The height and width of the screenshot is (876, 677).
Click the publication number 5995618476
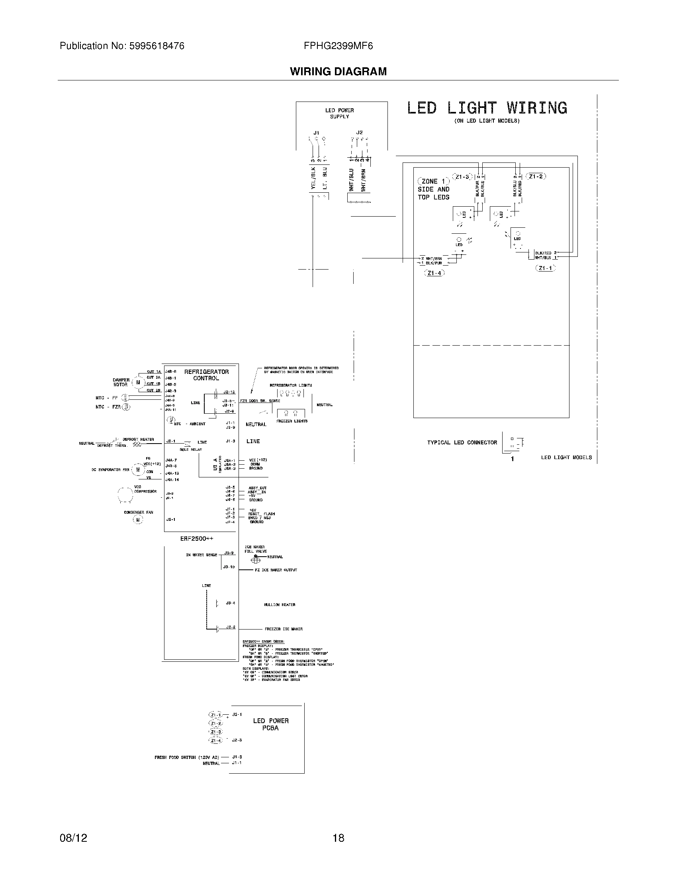click(157, 46)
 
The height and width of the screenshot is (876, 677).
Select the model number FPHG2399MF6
click(338, 46)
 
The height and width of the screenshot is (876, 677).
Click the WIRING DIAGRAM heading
click(338, 72)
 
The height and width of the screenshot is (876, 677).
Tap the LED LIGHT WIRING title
click(487, 108)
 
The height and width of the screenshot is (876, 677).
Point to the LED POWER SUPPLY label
click(339, 113)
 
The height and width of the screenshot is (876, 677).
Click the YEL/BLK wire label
click(314, 178)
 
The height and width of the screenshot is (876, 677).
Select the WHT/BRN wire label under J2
click(363, 180)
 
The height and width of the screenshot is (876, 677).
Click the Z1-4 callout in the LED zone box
click(434, 273)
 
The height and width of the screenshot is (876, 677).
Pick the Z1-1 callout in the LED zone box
click(546, 268)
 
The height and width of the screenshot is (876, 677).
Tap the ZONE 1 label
click(433, 181)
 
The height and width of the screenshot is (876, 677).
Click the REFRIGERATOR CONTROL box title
click(206, 375)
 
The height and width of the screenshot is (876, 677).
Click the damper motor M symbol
click(138, 382)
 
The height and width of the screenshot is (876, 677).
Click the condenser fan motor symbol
click(138, 520)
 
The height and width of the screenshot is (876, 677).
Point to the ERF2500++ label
click(197, 539)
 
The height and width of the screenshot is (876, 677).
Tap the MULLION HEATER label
click(280, 604)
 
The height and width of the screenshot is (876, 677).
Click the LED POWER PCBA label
click(271, 724)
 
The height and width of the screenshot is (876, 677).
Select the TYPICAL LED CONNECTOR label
click(462, 442)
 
